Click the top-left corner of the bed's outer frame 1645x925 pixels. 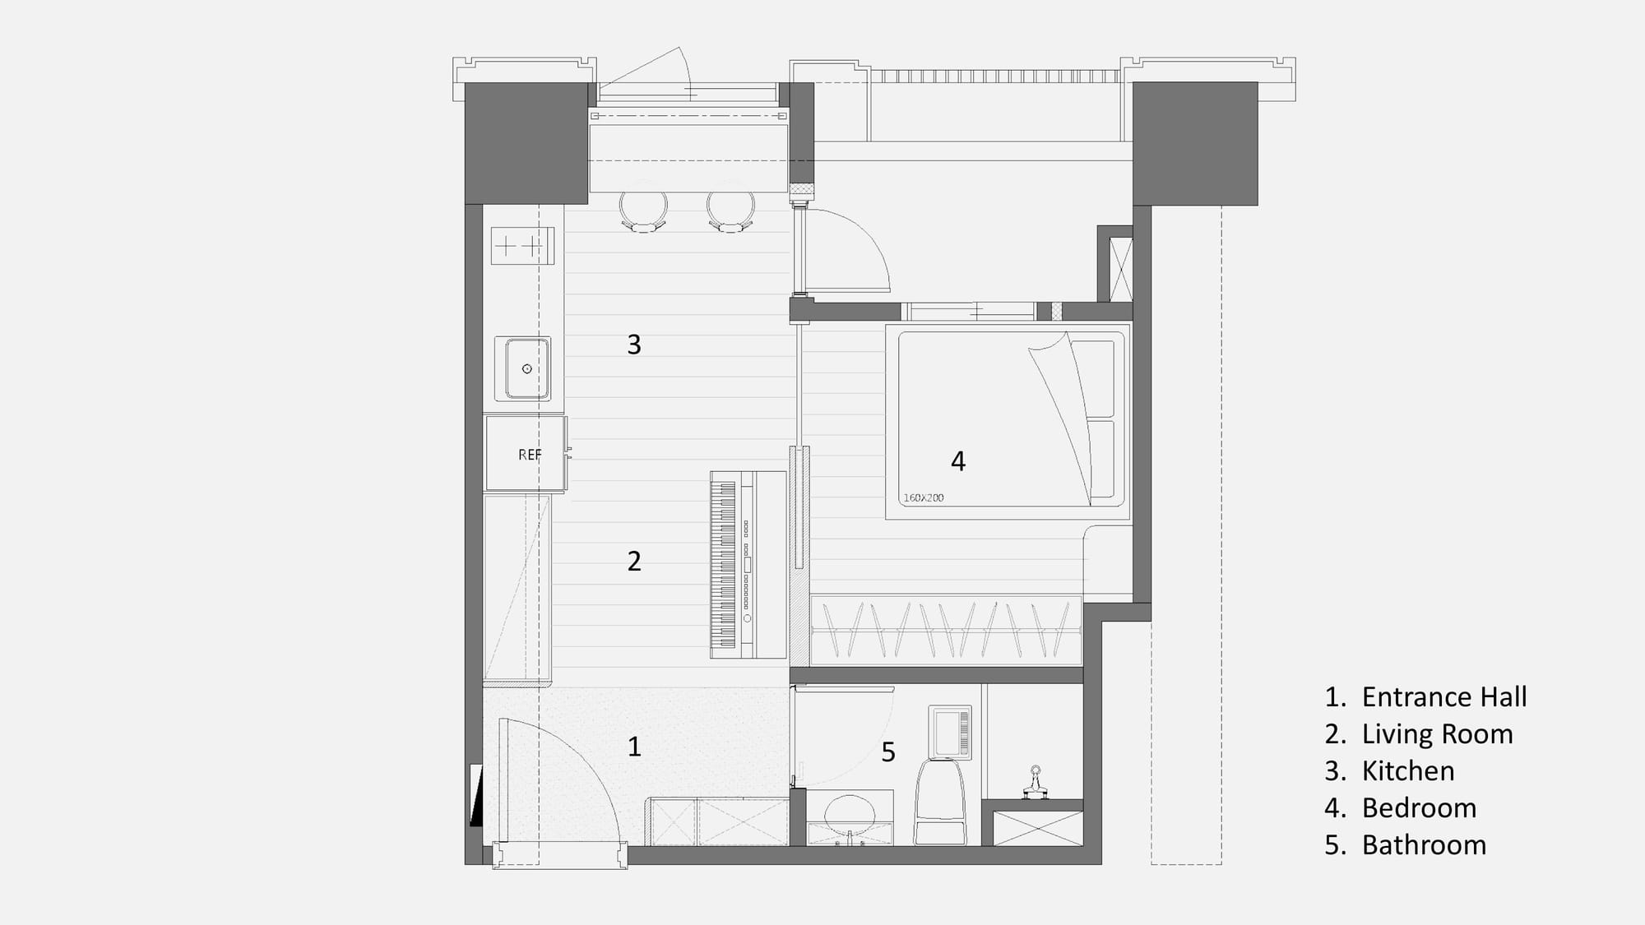tap(886, 325)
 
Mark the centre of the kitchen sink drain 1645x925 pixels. tap(527, 368)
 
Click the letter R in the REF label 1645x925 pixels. tap(522, 455)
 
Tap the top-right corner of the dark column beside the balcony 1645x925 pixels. tap(1258, 82)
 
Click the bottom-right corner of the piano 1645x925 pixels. tap(787, 658)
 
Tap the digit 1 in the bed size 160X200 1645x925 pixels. tap(906, 497)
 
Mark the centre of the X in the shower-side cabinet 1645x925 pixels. tap(1038, 828)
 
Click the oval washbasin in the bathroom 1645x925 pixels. tap(850, 812)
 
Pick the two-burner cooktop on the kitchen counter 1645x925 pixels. tap(522, 246)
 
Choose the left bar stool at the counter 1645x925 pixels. tap(643, 212)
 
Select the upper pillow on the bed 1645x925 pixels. tap(1092, 377)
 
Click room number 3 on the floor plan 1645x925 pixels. tap(634, 345)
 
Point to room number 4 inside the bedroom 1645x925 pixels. tap(958, 461)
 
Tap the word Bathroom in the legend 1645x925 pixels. tap(1424, 845)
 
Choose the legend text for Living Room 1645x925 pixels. tap(1437, 734)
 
